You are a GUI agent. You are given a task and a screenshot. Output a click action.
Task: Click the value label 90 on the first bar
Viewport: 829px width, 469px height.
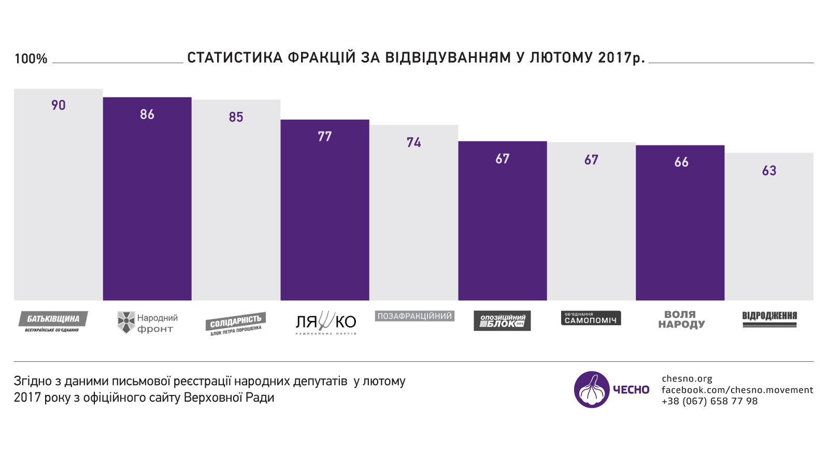pyautogui.click(x=58, y=105)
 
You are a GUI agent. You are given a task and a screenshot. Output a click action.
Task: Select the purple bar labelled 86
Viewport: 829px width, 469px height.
pyautogui.click(x=147, y=207)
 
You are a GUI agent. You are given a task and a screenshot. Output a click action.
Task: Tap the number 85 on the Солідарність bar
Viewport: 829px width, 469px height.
pyautogui.click(x=236, y=117)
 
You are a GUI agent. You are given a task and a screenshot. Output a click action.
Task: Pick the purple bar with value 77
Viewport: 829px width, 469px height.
pyautogui.click(x=325, y=217)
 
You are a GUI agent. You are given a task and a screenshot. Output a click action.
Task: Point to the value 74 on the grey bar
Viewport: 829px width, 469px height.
pyautogui.click(x=413, y=142)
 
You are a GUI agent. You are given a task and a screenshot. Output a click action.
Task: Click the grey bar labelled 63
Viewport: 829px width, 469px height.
pyautogui.click(x=769, y=233)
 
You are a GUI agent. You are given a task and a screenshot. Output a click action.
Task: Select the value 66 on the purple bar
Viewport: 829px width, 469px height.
pyautogui.click(x=681, y=162)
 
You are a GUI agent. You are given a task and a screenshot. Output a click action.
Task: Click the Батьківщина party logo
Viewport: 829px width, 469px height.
pyautogui.click(x=53, y=321)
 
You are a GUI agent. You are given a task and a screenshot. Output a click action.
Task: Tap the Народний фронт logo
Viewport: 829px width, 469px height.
pyautogui.click(x=147, y=323)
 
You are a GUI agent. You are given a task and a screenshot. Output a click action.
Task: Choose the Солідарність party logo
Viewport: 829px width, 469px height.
pyautogui.click(x=236, y=324)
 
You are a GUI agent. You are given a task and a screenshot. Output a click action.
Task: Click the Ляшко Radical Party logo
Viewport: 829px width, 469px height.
pyautogui.click(x=325, y=323)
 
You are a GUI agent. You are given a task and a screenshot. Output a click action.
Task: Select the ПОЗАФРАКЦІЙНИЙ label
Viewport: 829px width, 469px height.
pyautogui.click(x=414, y=316)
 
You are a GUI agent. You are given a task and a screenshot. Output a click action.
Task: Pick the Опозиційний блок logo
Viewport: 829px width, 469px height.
pyautogui.click(x=502, y=320)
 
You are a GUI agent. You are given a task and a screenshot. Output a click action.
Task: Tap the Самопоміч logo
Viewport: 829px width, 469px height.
pyautogui.click(x=591, y=318)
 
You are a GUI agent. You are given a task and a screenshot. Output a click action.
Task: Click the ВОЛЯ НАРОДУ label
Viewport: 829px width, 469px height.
pyautogui.click(x=681, y=319)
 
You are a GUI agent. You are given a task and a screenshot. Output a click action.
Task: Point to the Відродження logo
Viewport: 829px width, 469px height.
pyautogui.click(x=769, y=319)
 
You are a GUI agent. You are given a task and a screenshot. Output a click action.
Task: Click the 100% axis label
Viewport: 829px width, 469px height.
pyautogui.click(x=31, y=59)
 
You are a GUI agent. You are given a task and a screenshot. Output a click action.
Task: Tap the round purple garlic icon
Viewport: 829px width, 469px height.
pyautogui.click(x=592, y=389)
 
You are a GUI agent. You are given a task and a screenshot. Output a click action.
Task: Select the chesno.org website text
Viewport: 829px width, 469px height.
pyautogui.click(x=687, y=378)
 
